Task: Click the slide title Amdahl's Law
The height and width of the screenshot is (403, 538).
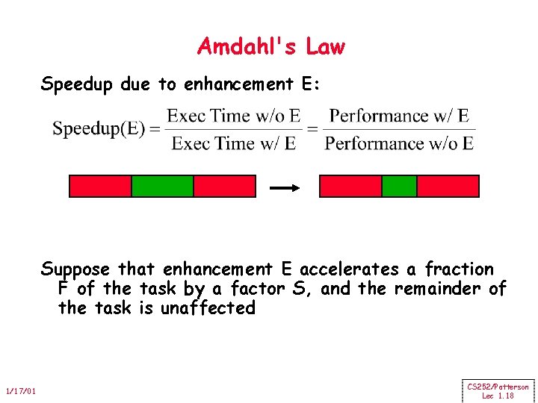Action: tap(271, 47)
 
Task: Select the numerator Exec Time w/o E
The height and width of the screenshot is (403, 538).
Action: tap(233, 115)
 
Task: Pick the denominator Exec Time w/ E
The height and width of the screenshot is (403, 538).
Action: tap(233, 143)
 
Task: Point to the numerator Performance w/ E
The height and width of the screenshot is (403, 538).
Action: tap(399, 115)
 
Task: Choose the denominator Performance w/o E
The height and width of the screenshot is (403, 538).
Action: tap(399, 143)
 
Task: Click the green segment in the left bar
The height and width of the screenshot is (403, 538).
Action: tap(162, 186)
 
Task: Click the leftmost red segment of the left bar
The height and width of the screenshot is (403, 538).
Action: tap(100, 186)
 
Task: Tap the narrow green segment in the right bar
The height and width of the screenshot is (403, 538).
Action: tap(399, 186)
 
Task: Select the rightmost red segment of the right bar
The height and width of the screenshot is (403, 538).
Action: tap(447, 186)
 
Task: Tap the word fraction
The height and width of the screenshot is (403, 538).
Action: tap(459, 269)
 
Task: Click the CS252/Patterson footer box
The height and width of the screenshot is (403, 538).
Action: tap(498, 390)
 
